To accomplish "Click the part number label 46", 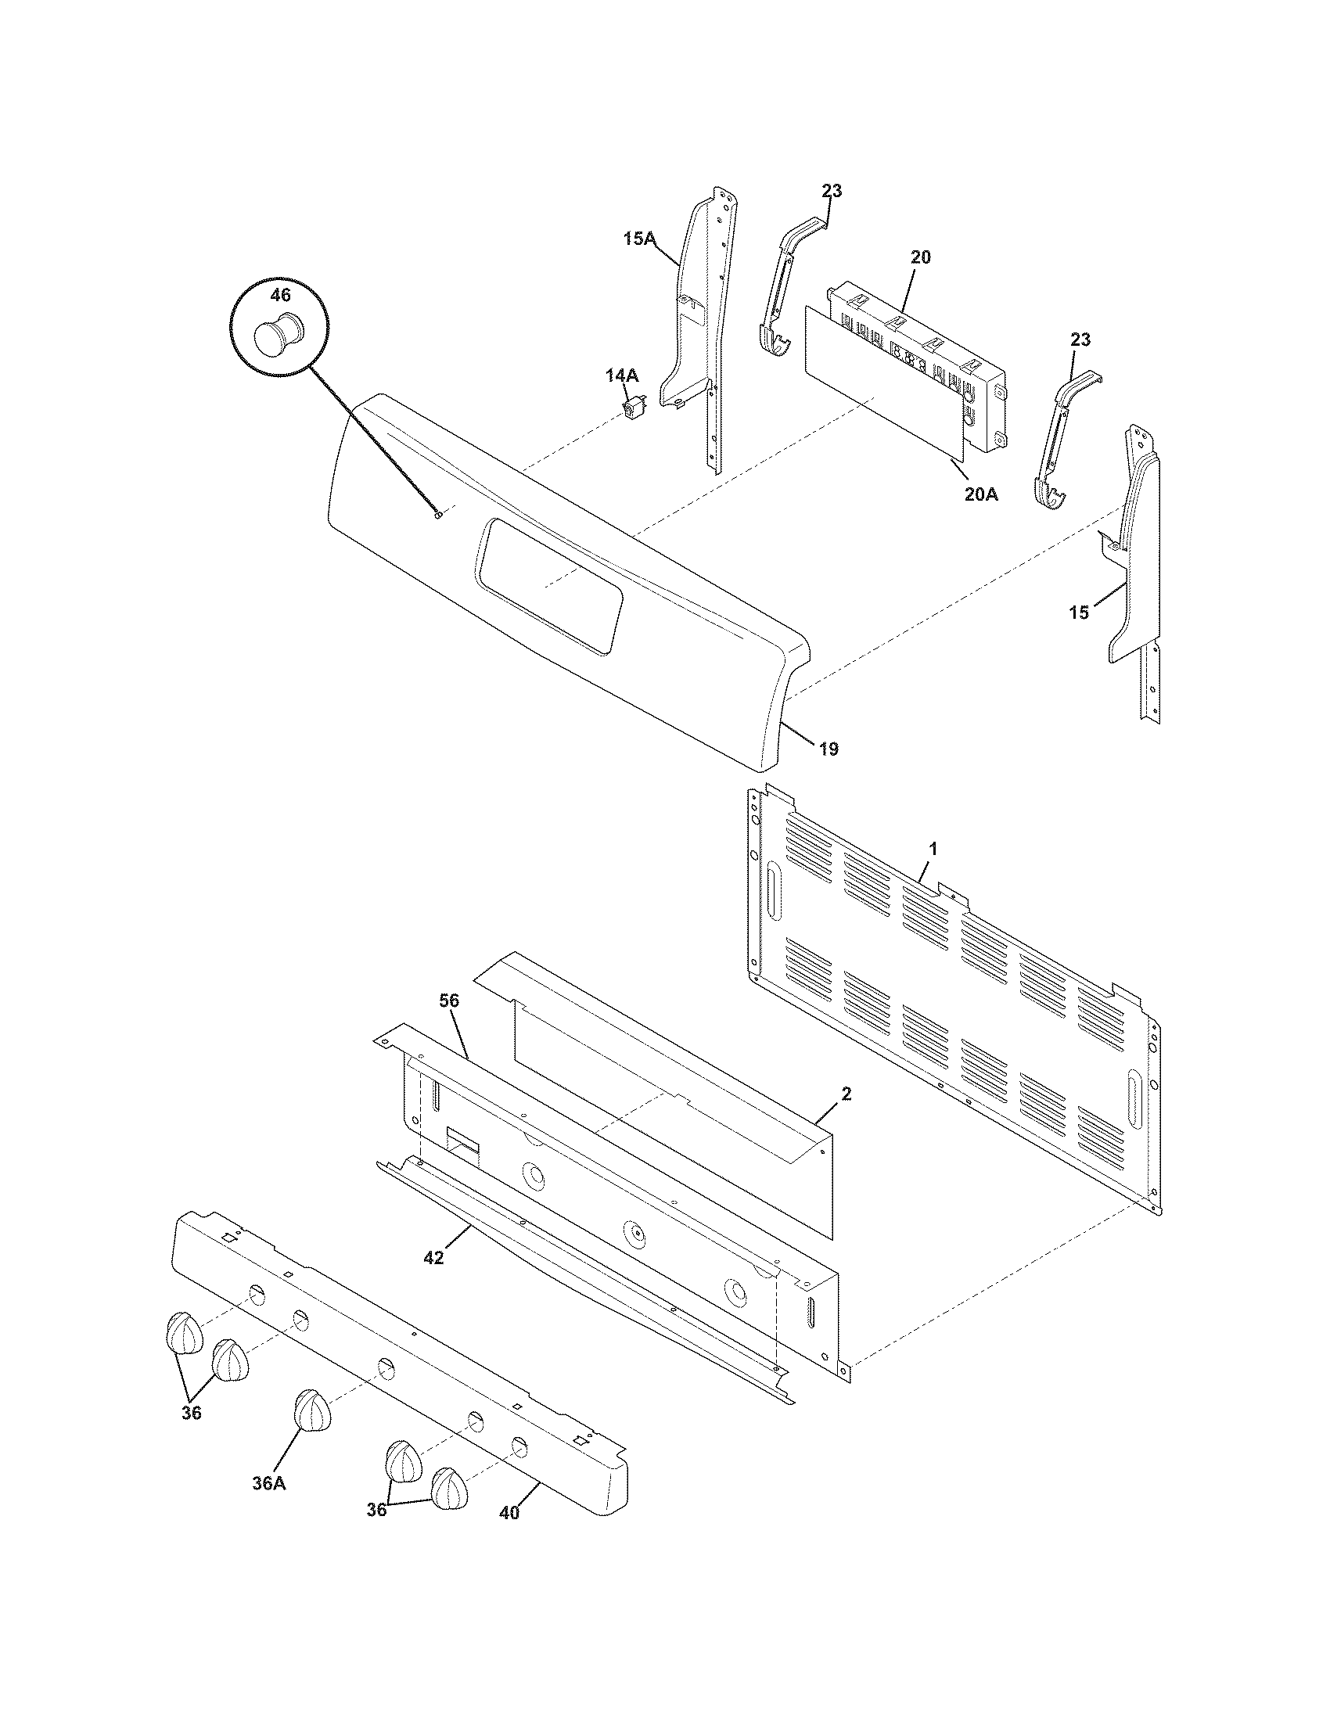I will coord(281,295).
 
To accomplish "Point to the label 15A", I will coord(639,238).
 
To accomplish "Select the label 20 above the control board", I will coord(921,257).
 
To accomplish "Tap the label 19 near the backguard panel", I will coord(828,748).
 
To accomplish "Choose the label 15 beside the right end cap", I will coord(1079,612).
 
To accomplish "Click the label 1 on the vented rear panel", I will coord(933,849).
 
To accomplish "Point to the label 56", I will coord(449,1001).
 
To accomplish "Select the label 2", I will coord(847,1094).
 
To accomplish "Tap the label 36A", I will coord(268,1483).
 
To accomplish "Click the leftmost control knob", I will coord(185,1332).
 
